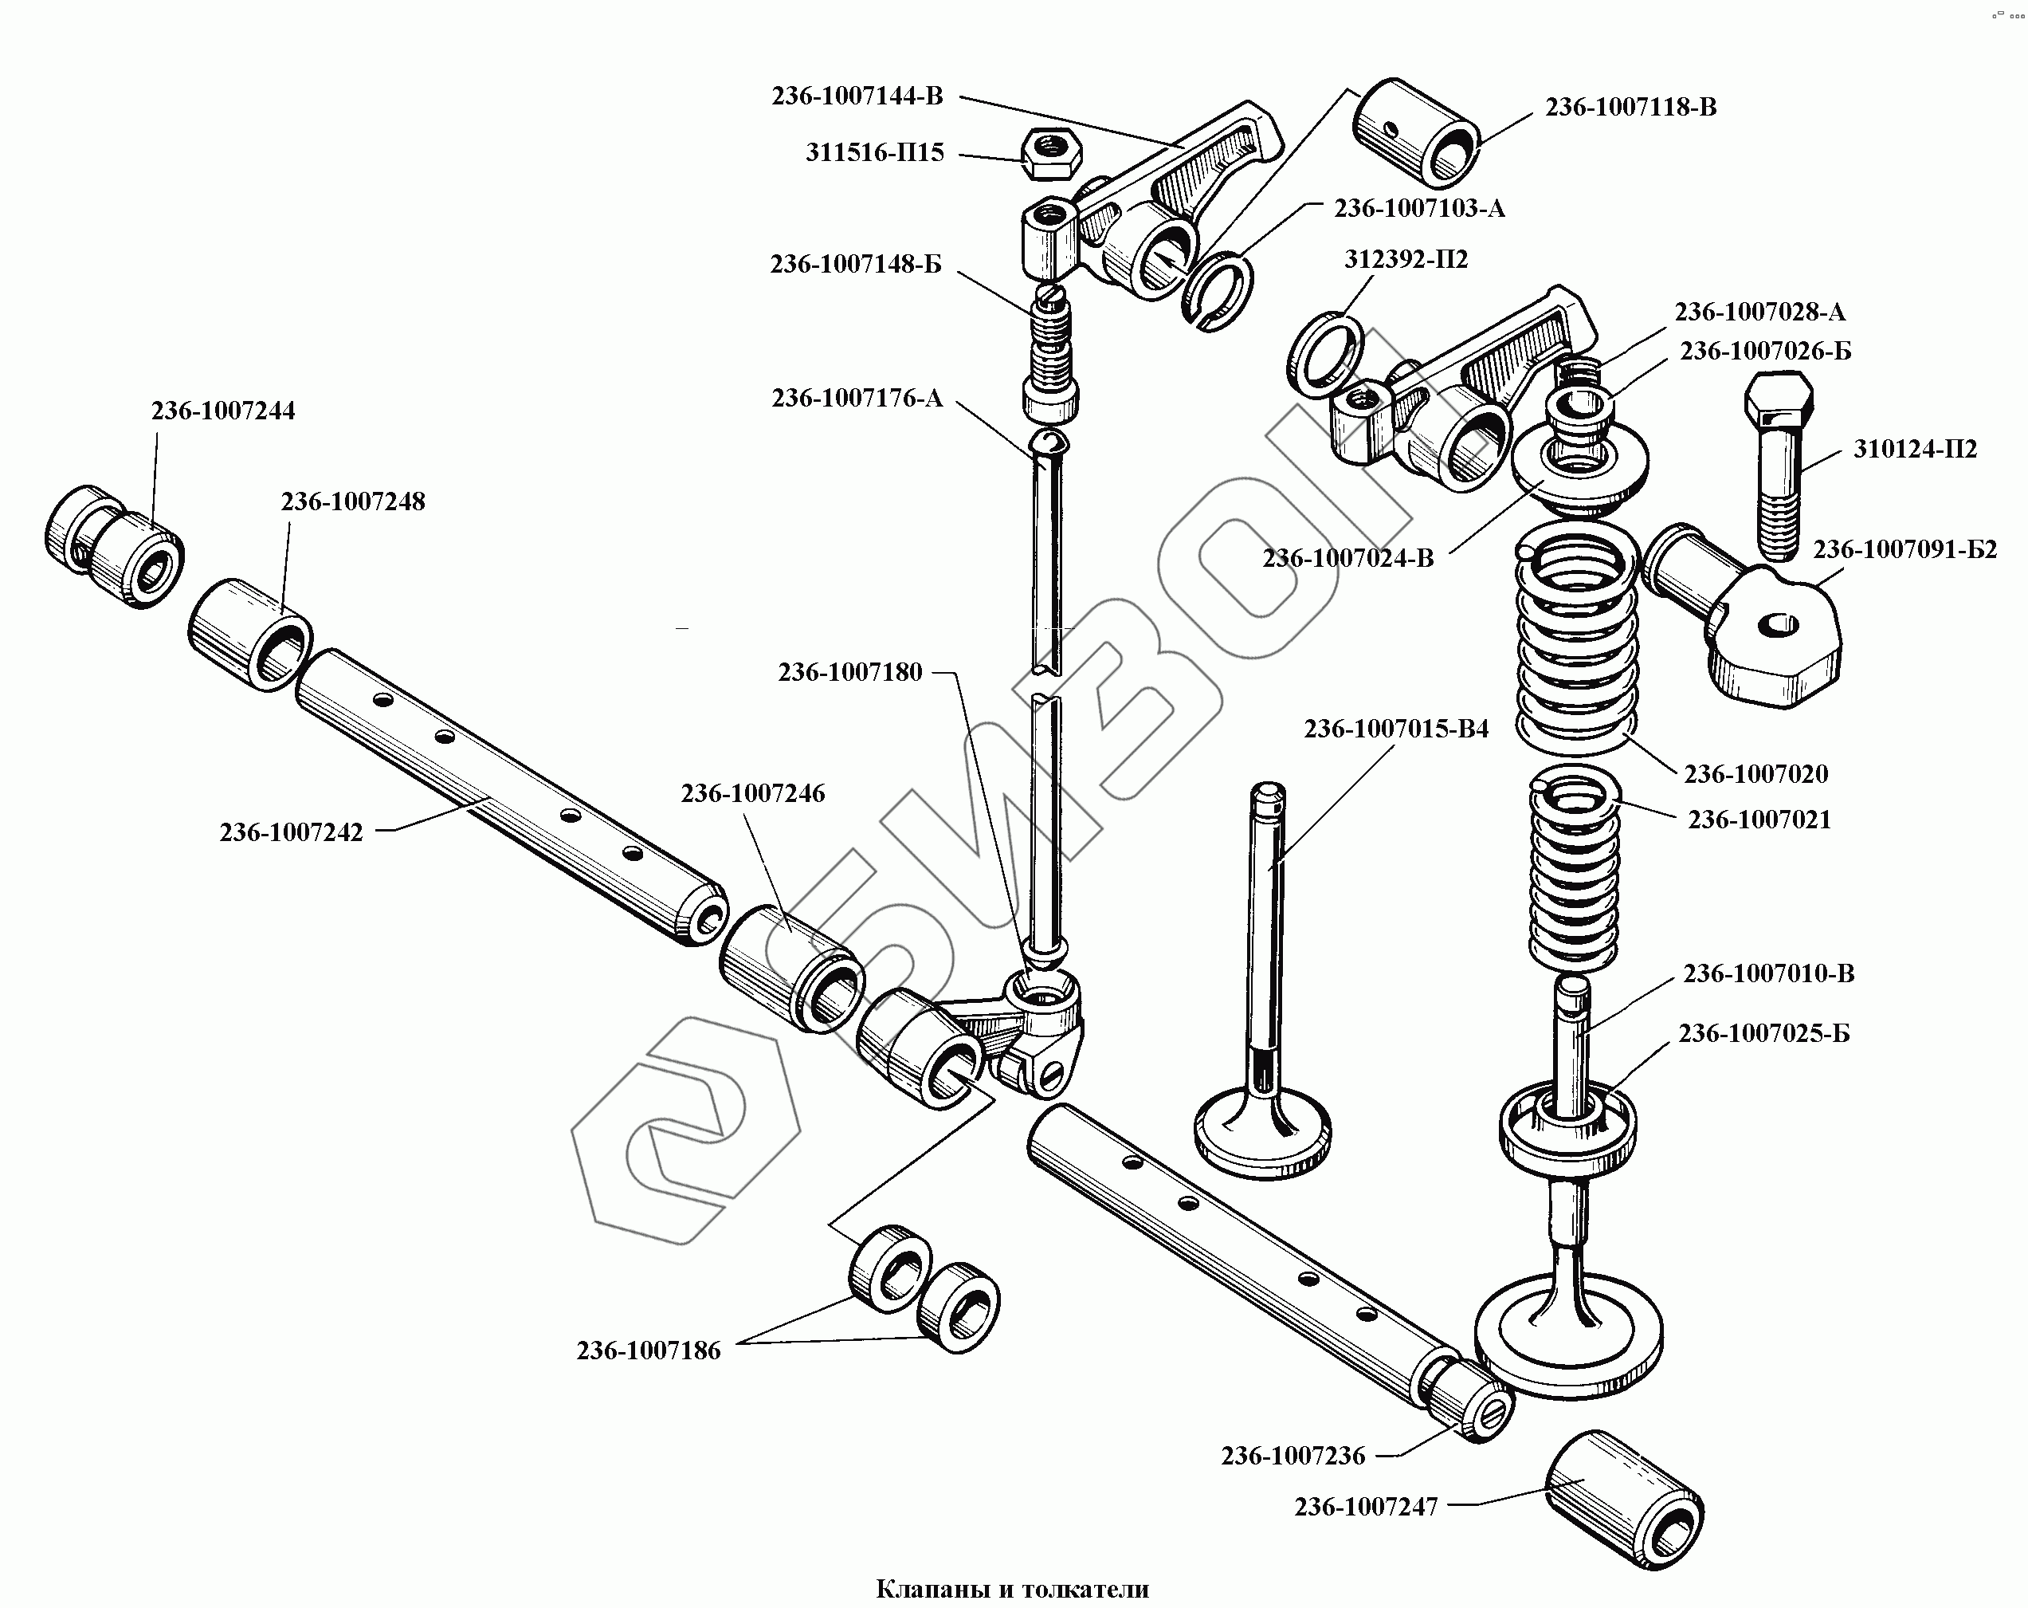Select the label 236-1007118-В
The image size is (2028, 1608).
click(x=1630, y=108)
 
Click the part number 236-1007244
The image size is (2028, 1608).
click(x=223, y=411)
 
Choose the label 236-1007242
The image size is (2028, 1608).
click(x=291, y=832)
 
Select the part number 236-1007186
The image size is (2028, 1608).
click(x=648, y=1351)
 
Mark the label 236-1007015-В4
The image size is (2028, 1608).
click(x=1396, y=729)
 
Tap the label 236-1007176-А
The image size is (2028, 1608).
click(x=857, y=399)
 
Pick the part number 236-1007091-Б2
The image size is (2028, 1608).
click(x=1904, y=549)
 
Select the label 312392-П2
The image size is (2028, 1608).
click(x=1406, y=260)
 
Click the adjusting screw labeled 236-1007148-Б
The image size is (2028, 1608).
click(x=1052, y=357)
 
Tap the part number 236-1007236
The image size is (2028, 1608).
click(x=1293, y=1457)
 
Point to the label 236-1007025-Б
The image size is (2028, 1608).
click(x=1763, y=1034)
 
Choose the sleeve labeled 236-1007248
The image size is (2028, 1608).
click(x=250, y=635)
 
